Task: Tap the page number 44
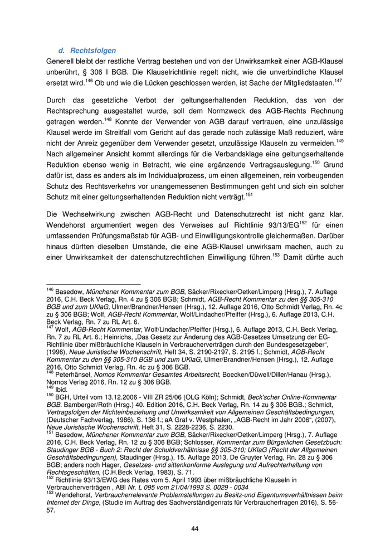pos(194,529)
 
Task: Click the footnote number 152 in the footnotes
pos(49,478)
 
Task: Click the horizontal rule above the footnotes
pos(93,285)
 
